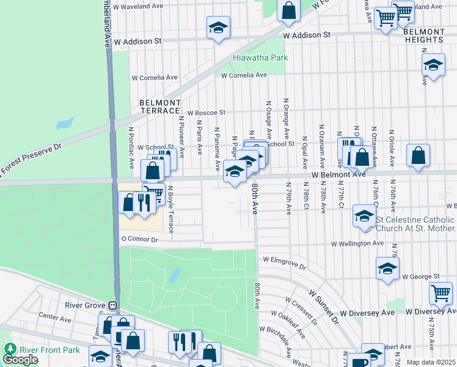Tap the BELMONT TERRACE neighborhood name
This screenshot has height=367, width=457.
point(160,106)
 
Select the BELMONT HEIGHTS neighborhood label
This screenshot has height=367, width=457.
point(424,35)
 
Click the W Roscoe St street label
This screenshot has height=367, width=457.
point(206,113)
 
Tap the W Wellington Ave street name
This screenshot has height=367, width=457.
point(357,243)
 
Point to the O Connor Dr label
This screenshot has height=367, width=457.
point(139,240)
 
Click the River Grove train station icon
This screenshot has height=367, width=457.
point(112,305)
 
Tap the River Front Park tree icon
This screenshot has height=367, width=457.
point(10,349)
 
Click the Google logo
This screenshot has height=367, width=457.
point(20,360)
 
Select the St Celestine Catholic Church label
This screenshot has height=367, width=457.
point(415,224)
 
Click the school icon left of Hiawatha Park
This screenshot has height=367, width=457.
point(218,28)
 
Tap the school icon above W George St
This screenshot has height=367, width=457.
point(387,268)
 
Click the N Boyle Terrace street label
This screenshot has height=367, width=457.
point(171,210)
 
